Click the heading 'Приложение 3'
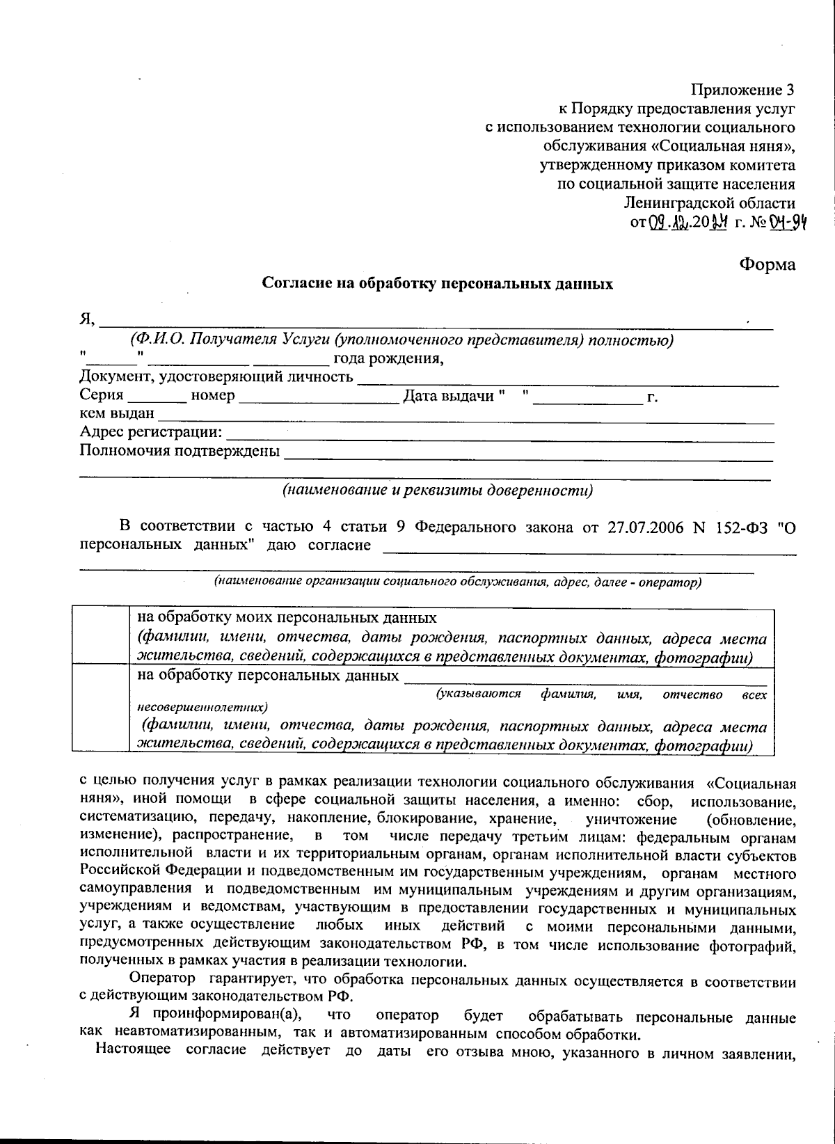742,90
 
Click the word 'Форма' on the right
767,264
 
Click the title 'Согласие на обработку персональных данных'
437,284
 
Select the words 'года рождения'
388,358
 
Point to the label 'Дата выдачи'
449,396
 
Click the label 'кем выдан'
117,414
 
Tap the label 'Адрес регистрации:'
151,433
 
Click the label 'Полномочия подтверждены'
180,451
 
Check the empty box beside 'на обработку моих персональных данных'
102,637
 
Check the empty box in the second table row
102,709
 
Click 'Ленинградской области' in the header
709,203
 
